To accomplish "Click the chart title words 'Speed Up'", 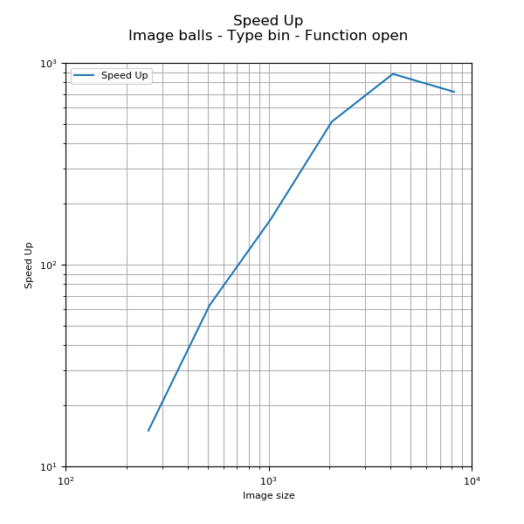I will pos(268,21).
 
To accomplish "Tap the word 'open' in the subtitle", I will pos(390,36).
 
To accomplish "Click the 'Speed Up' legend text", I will pos(124,76).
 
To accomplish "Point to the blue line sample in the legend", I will pos(84,76).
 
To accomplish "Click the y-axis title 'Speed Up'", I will pos(29,265).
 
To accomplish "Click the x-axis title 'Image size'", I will pos(268,496).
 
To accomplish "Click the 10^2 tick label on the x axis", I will pos(65,480).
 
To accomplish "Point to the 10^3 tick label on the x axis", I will pos(269,480).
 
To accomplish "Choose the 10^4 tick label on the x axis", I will pos(472,480).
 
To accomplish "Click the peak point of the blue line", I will pos(392,73).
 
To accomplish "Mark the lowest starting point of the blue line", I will pos(148,431).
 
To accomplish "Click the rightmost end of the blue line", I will pos(454,92).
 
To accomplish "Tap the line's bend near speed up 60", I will pos(209,307).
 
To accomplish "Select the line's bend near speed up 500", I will pos(331,122).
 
